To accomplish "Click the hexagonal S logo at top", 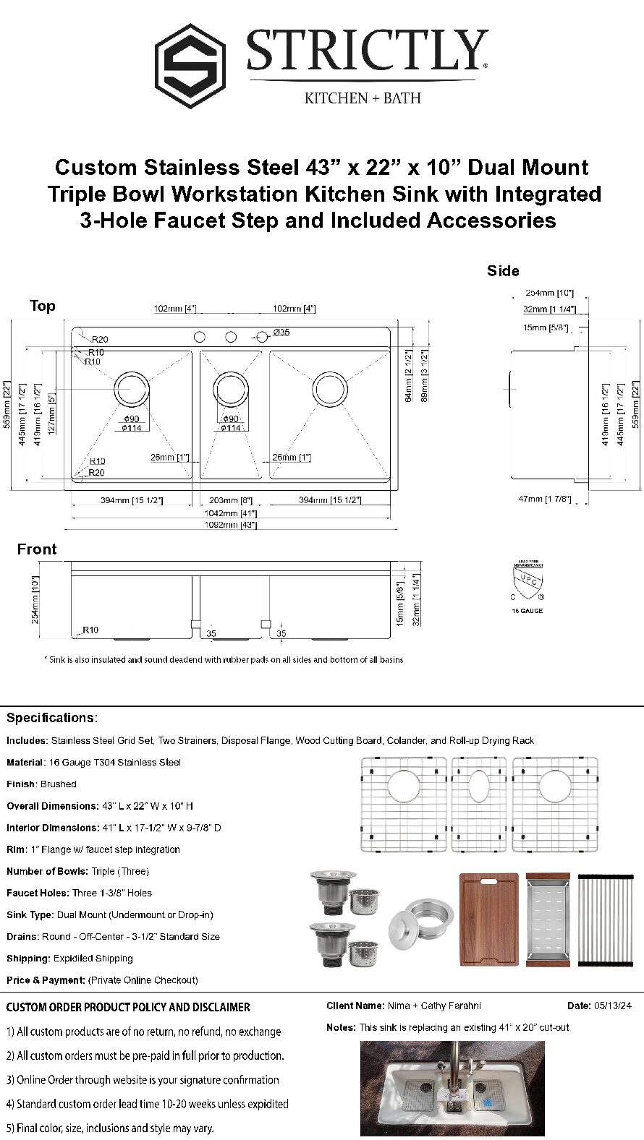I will coord(190,66).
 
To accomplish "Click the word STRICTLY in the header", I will coord(366,51).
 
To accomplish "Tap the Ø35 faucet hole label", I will coord(281,333).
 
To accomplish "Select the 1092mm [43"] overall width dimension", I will coord(230,525).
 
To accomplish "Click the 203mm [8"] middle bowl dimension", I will coord(230,500).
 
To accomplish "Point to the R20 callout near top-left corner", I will coord(99,339).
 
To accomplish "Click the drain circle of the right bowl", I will coord(329,390).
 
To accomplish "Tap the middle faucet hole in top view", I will coord(231,337).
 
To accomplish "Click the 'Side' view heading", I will coord(503,271).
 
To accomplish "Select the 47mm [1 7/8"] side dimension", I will coord(545,499).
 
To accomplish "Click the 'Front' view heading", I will coord(37,549).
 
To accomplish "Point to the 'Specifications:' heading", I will coord(51,718).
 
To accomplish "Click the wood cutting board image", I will coord(489,920).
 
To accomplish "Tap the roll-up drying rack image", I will coord(606,920).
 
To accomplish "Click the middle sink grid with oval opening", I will coord(479,804).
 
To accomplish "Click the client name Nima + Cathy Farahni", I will coord(434,1006).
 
